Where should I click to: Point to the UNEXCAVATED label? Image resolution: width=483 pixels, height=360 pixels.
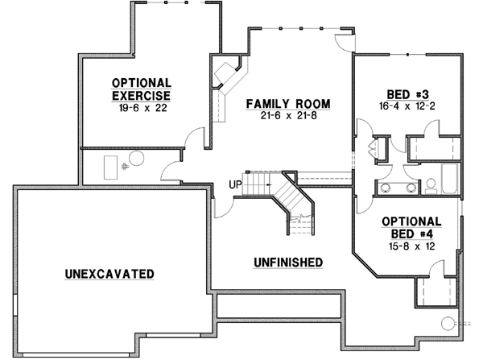[x=109, y=275]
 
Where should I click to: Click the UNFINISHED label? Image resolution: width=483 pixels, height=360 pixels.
[x=287, y=262]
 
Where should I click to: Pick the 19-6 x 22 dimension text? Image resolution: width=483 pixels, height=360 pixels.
[x=141, y=109]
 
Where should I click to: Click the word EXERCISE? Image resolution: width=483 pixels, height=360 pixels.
[x=141, y=96]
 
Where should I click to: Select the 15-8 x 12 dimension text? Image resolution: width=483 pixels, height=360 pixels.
[x=410, y=248]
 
